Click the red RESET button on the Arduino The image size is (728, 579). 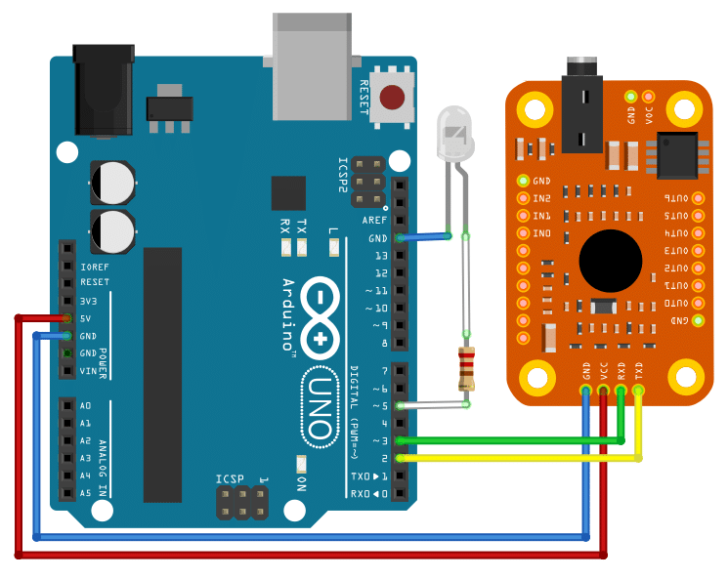[392, 98]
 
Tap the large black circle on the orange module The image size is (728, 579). [611, 262]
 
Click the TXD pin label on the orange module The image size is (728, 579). [639, 371]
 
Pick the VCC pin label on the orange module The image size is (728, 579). [604, 371]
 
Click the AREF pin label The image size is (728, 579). [375, 221]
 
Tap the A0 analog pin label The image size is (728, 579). [86, 405]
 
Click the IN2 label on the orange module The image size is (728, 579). [542, 198]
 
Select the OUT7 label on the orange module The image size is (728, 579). [676, 198]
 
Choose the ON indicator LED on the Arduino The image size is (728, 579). [301, 465]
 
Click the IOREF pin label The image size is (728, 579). [95, 266]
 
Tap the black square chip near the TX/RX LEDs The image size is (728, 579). [288, 193]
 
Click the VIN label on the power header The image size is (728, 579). [89, 371]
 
